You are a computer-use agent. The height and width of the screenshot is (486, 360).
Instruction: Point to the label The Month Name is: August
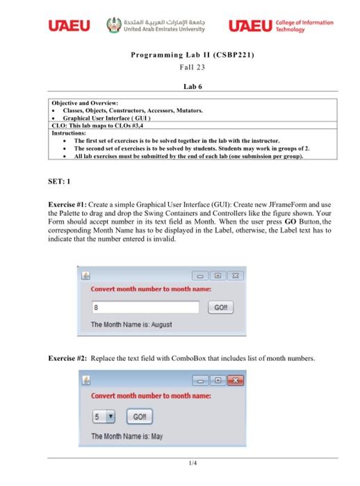point(131,325)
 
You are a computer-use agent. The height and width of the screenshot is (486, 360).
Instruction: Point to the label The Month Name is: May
point(126,437)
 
